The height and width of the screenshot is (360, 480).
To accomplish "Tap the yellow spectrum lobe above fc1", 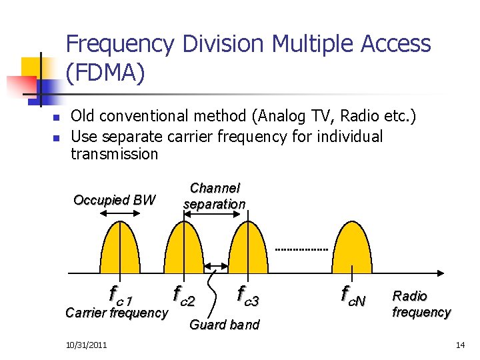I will coord(119,250).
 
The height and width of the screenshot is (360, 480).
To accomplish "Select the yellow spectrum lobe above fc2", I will coord(180,250).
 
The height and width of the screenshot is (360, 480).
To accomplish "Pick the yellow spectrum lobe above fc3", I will coord(248,250).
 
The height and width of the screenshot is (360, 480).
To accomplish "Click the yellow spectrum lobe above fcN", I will coord(353,250).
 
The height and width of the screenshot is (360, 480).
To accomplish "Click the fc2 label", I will coord(183,294).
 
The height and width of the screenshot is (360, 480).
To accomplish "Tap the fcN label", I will coord(353,294).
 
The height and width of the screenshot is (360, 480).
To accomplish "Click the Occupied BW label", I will coord(114,200).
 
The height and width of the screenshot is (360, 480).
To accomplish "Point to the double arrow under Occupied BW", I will coord(119,213).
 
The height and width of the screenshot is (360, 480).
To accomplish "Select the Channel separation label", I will coord(214,196).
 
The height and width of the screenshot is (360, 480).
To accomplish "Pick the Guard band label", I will coord(224,325).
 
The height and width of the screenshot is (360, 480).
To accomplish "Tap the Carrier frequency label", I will coord(117,313).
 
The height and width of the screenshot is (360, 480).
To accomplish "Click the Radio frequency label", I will coord(421,304).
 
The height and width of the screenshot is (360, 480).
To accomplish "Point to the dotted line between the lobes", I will coord(301,250).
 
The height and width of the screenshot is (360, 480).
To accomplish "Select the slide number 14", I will coord(459,345).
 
